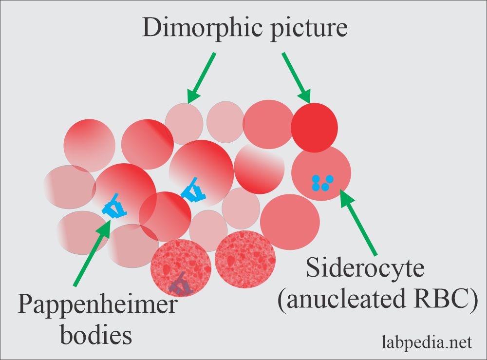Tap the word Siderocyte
[x=365, y=269]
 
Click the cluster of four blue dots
[x=321, y=183]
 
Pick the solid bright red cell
[x=314, y=126]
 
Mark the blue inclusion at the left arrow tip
[x=115, y=207]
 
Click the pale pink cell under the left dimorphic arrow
[x=184, y=124]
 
